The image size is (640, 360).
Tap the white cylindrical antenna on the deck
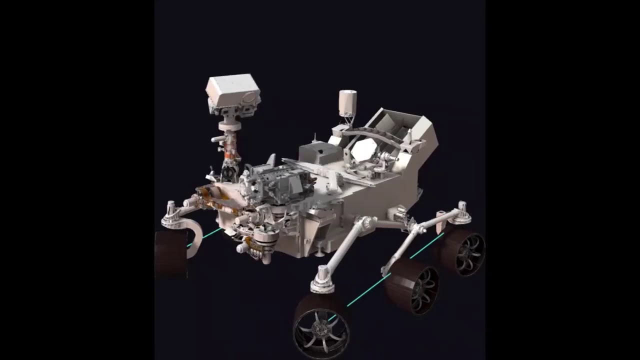click(347, 102)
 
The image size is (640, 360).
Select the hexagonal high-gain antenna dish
click(364, 149)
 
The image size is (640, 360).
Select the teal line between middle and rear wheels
click(427, 245)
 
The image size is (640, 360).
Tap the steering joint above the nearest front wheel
click(323, 280)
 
